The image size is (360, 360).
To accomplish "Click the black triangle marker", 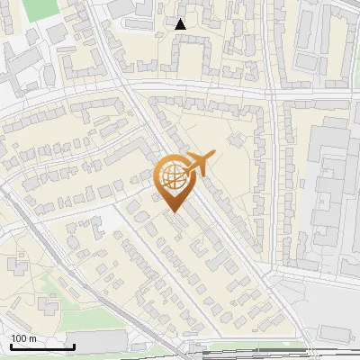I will click(x=181, y=24).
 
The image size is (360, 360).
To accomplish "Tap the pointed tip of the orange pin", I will click(x=172, y=211).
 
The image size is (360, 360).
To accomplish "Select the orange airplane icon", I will click(x=200, y=163).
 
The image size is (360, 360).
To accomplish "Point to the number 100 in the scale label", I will click(x=20, y=338).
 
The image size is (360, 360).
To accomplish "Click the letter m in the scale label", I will click(x=32, y=338).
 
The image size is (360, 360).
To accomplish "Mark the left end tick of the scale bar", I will click(x=10, y=346).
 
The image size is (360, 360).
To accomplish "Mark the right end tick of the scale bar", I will click(x=74, y=346).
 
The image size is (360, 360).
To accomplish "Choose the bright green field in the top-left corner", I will click(x=39, y=9).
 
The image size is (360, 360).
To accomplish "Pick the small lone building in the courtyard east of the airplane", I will click(x=237, y=139).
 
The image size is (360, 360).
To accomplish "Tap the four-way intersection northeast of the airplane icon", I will click(x=270, y=93).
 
